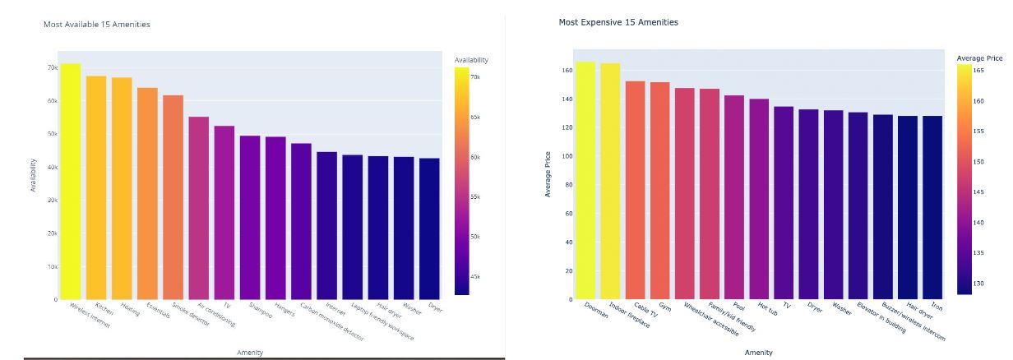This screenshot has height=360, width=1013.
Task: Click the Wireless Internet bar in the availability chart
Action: pos(71,181)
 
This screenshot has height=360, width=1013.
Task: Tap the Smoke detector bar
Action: pos(173,197)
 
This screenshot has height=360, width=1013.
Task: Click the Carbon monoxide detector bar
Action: pos(301,221)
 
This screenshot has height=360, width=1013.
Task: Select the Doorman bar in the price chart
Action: pos(585,180)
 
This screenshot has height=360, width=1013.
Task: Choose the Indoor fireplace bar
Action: pos(610,181)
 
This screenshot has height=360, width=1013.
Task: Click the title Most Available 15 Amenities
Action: pos(96,25)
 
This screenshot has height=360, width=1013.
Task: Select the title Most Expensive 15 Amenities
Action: pos(618,22)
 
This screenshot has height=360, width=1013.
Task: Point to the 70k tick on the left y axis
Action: pos(52,67)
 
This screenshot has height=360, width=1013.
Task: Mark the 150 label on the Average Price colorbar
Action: pos(978,162)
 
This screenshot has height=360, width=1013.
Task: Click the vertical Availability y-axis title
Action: pos(34,176)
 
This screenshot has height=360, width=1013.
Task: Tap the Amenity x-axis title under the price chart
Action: pos(758,353)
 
